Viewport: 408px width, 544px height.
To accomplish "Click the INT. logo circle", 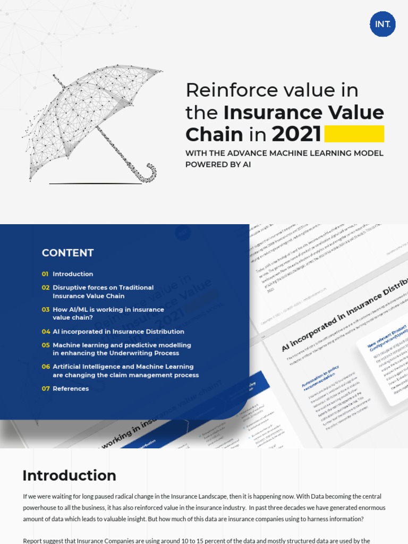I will coord(382,24).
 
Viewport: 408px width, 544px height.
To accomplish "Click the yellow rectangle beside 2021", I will coord(354,134).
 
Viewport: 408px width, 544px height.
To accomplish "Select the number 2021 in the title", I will coord(296,134).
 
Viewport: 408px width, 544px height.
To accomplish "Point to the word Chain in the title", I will coord(214,134).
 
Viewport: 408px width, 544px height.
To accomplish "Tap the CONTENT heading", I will coord(68,253).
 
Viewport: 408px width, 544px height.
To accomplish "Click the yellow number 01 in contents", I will coord(45,274).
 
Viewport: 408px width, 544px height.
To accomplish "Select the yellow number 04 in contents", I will coord(46,331).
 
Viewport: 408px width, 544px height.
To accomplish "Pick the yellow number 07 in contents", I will coord(46,389).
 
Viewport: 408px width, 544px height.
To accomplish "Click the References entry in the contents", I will coord(71,389).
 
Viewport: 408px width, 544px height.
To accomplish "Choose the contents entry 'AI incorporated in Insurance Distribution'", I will coord(118,331).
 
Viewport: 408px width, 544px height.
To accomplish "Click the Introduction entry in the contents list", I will coord(73,274).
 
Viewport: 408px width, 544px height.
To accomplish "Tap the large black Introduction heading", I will coord(69,475).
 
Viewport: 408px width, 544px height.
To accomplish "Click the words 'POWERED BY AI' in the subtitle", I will coord(218,165).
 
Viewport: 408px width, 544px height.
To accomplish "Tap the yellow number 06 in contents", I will coord(46,367).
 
